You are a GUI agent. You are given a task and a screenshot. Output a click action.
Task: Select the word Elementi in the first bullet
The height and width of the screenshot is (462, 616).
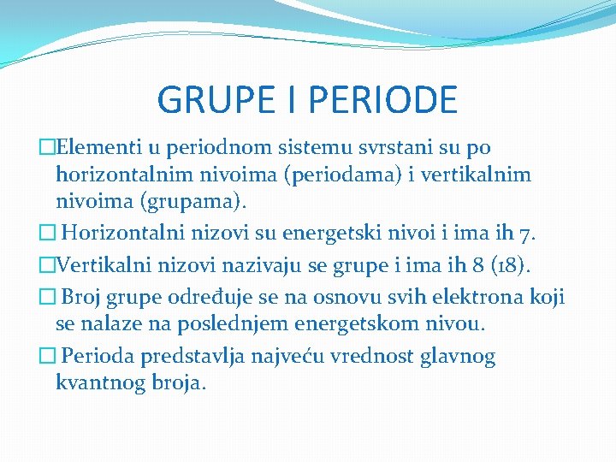pyautogui.click(x=92, y=148)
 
